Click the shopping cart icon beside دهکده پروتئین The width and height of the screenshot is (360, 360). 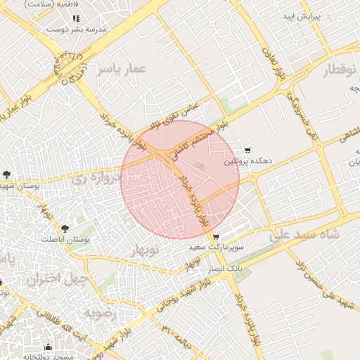[247, 150]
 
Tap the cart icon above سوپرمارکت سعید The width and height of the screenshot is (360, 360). [216, 237]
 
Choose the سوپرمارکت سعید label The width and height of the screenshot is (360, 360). [216, 248]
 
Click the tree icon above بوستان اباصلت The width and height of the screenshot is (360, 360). [65, 228]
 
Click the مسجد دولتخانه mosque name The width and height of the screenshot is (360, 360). [51, 356]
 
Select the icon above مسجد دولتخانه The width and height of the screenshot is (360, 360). [48, 347]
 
